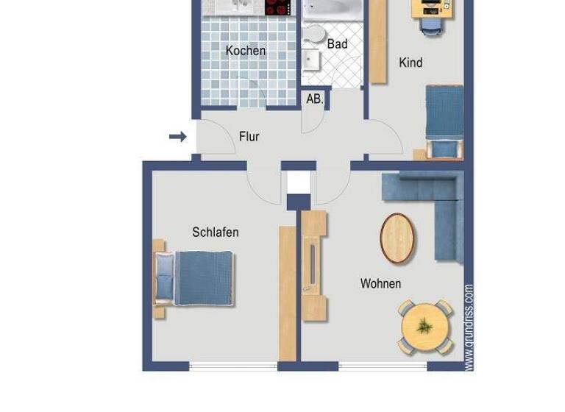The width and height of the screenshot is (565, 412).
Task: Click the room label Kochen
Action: pyautogui.click(x=246, y=51)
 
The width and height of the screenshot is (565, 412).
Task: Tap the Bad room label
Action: pyautogui.click(x=337, y=44)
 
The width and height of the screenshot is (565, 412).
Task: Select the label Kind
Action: pyautogui.click(x=411, y=63)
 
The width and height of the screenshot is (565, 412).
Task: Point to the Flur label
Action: pyautogui.click(x=249, y=136)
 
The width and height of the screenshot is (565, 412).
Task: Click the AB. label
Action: pyautogui.click(x=314, y=99)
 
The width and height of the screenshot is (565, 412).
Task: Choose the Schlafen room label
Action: pyautogui.click(x=215, y=232)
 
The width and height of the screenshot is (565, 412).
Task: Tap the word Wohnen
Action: pyautogui.click(x=380, y=283)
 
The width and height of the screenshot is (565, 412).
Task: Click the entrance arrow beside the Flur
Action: pyautogui.click(x=177, y=136)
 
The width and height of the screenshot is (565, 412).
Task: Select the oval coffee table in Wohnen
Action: pyautogui.click(x=398, y=238)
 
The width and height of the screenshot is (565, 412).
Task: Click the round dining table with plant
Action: pyautogui.click(x=426, y=325)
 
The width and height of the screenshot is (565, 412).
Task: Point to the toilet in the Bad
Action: pyautogui.click(x=316, y=35)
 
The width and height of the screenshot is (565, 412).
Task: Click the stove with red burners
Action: pyautogui.click(x=278, y=7)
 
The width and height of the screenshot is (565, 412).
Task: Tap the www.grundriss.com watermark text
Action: pyautogui.click(x=469, y=327)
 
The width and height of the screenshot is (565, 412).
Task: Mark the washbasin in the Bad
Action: pyautogui.click(x=310, y=59)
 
